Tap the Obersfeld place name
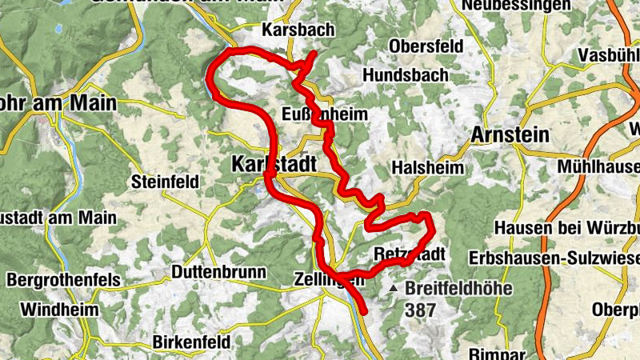pyautogui.click(x=426, y=46)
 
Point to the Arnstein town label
pyautogui.click(x=510, y=134)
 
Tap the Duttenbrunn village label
pyautogui.click(x=218, y=272)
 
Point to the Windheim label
pyautogui.click(x=59, y=309)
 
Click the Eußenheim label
pyautogui.click(x=325, y=114)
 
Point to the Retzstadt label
pyautogui.click(x=410, y=254)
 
